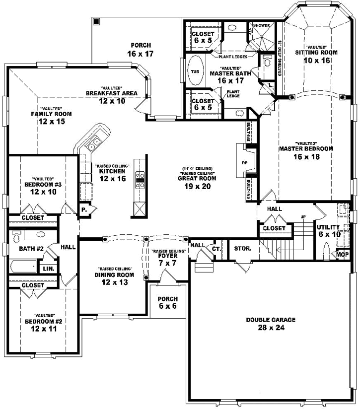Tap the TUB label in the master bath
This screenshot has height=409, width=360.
tap(194, 71)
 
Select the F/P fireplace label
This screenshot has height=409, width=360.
tap(244, 162)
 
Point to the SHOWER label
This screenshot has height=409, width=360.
tap(261, 25)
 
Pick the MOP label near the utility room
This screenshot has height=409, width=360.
tap(343, 255)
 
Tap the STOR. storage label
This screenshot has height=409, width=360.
tap(242, 248)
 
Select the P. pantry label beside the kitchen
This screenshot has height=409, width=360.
tap(84, 210)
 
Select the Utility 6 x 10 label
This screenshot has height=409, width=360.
tap(329, 230)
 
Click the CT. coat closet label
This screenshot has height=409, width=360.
tap(216, 248)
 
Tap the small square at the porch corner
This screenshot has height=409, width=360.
tap(96, 21)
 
